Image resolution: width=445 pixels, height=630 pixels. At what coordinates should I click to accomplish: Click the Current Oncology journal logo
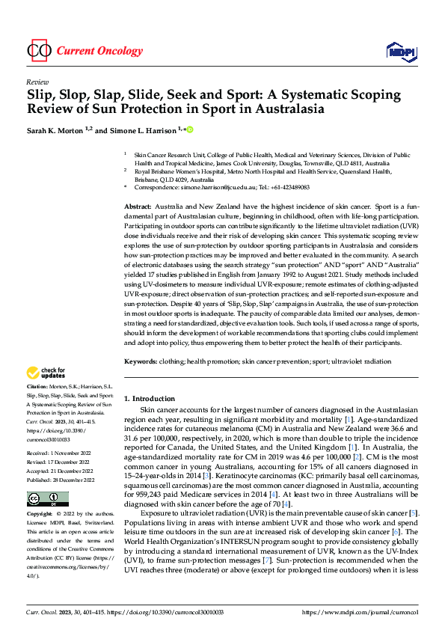coord(84,51)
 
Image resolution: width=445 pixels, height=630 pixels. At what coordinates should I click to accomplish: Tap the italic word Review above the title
coord(37,82)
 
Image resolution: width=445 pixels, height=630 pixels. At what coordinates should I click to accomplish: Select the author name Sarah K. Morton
coord(59,130)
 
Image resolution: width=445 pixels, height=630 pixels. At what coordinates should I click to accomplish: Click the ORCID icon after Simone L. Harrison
coord(190,130)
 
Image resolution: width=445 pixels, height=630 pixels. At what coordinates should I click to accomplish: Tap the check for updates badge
coord(47,372)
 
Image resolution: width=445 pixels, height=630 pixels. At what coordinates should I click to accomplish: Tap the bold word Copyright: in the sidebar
coord(40,494)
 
